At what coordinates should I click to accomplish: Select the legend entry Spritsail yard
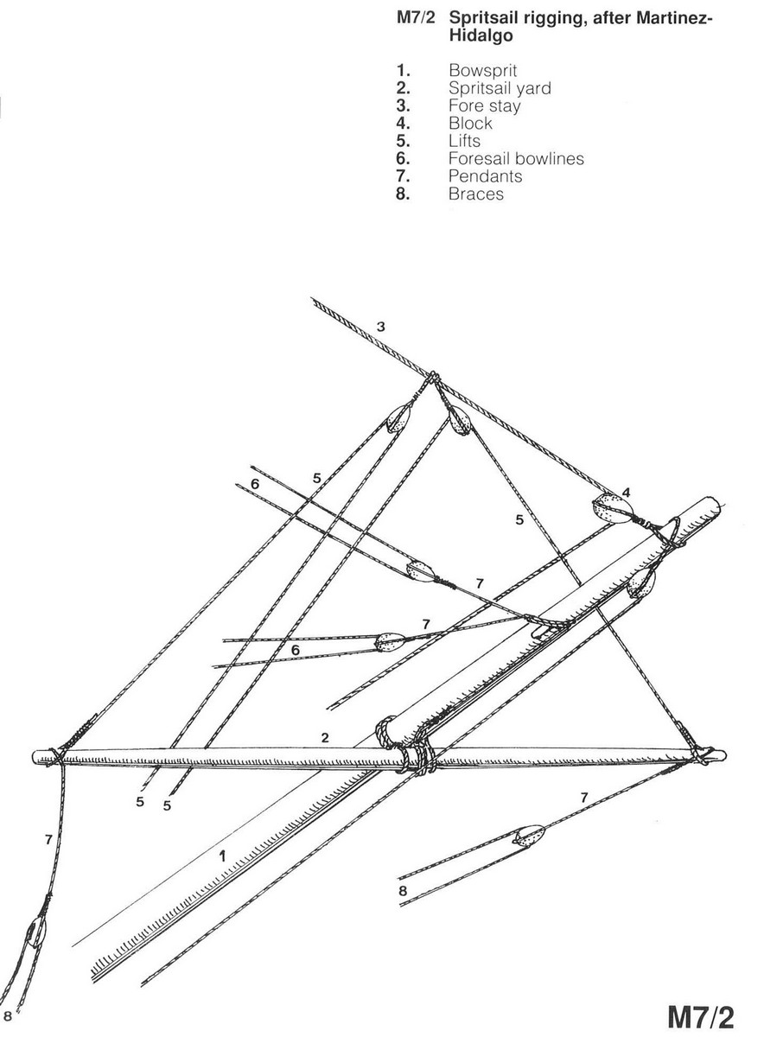pos(499,88)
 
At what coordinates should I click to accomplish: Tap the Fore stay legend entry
pos(484,105)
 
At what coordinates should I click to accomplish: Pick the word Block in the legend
pos(470,124)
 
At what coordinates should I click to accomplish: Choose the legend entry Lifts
pos(464,141)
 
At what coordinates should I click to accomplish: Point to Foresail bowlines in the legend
pos(516,159)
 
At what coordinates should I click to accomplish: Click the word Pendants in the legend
pos(485,176)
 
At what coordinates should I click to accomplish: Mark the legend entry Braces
pos(475,194)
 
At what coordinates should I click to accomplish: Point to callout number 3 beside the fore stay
pos(380,326)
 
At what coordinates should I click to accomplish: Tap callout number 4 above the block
pos(627,492)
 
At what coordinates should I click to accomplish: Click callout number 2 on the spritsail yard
pos(325,738)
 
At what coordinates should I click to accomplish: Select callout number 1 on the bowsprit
pos(222,857)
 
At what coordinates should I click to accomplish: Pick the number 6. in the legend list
pos(403,159)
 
